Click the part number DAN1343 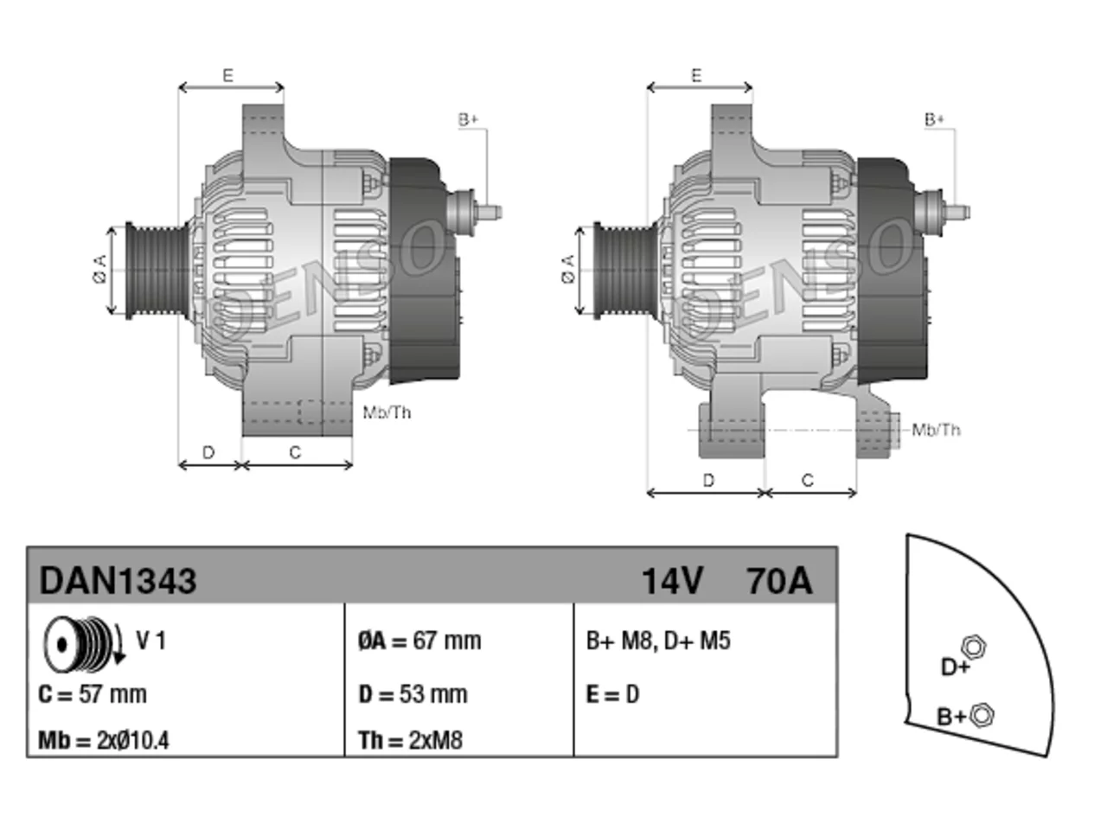click(118, 580)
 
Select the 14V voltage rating click(672, 580)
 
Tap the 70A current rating click(780, 580)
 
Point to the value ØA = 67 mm click(419, 641)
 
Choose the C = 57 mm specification click(93, 694)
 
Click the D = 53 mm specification click(413, 694)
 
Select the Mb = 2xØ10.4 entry click(104, 741)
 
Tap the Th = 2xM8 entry click(410, 741)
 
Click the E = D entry click(612, 694)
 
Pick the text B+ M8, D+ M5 click(658, 641)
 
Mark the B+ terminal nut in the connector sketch click(981, 715)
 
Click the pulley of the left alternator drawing click(157, 271)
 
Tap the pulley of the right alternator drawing click(625, 271)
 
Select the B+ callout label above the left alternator click(468, 120)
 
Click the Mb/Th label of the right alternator click(936, 430)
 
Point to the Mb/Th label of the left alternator click(387, 412)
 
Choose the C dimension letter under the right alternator click(808, 480)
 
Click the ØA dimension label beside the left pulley click(100, 269)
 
